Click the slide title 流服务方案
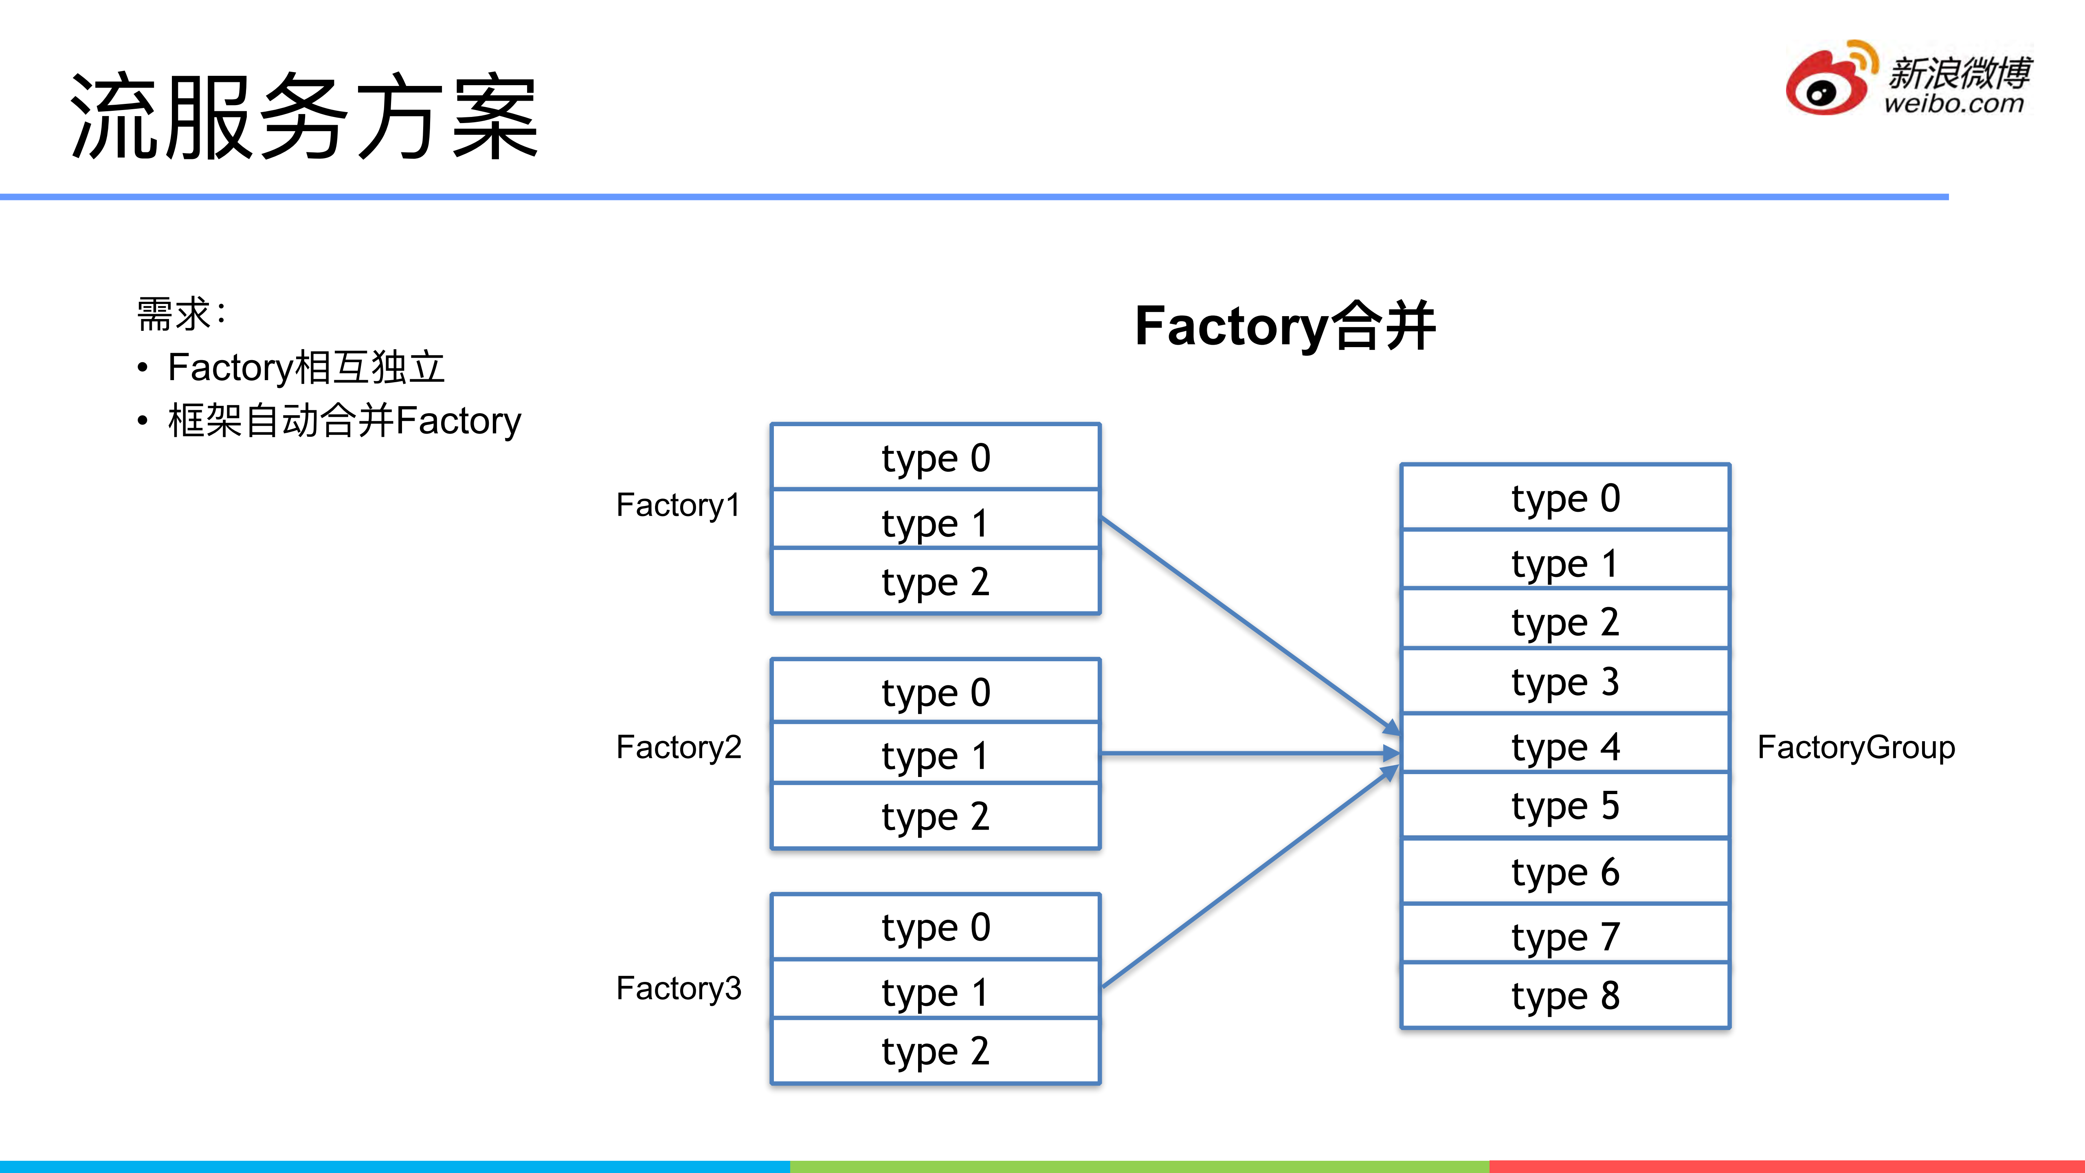coord(304,116)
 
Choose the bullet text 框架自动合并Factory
coord(344,421)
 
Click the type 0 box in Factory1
coord(936,458)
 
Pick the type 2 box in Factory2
coord(936,816)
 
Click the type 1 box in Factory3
coord(936,991)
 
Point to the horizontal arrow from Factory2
coord(1246,754)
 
